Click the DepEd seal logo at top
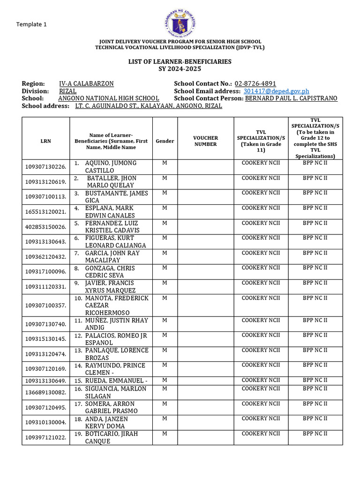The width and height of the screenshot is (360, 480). pyautogui.click(x=180, y=19)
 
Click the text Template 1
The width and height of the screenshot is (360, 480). pyautogui.click(x=31, y=24)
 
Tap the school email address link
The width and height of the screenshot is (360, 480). pyautogui.click(x=276, y=91)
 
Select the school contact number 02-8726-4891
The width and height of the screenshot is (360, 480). pyautogui.click(x=255, y=83)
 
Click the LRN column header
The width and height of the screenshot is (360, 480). pyautogui.click(x=45, y=141)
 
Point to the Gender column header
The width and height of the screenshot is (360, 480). pyautogui.click(x=165, y=141)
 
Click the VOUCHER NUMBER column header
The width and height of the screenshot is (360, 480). pyautogui.click(x=206, y=141)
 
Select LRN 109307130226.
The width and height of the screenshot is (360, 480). pyautogui.click(x=45, y=166)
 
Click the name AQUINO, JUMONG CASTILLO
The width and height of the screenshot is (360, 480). pyautogui.click(x=111, y=166)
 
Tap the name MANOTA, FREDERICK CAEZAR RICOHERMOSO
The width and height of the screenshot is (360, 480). pyautogui.click(x=117, y=305)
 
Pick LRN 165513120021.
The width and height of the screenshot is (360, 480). pyautogui.click(x=45, y=211)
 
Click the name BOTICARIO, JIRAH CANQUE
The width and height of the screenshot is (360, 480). pyautogui.click(x=111, y=437)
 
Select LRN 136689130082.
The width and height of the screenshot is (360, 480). pyautogui.click(x=45, y=392)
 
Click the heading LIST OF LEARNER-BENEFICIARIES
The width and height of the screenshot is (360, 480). pyautogui.click(x=180, y=62)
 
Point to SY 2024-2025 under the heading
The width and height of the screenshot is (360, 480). pyautogui.click(x=180, y=69)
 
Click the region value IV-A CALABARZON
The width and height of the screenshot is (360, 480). pyautogui.click(x=86, y=83)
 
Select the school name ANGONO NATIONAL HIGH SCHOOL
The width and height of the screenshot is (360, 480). pyautogui.click(x=108, y=98)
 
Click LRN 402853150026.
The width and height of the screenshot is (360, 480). pyautogui.click(x=45, y=226)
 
